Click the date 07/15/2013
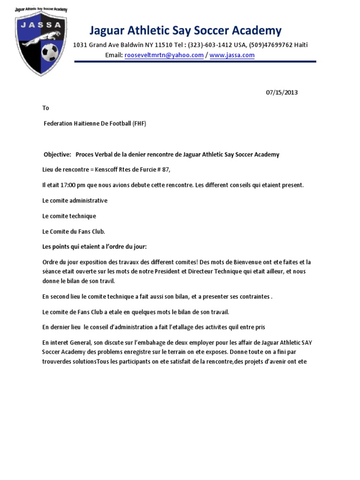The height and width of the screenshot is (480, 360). [282, 92]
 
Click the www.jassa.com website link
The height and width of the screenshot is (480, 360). [232, 55]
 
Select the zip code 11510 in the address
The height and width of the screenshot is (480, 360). [162, 45]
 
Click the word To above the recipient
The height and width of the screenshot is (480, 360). [45, 108]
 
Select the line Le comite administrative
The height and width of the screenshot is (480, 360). [75, 201]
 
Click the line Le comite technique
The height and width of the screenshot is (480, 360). [69, 216]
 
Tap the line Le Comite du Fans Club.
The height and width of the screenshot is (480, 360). [74, 232]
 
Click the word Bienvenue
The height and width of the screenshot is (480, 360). [248, 262]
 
